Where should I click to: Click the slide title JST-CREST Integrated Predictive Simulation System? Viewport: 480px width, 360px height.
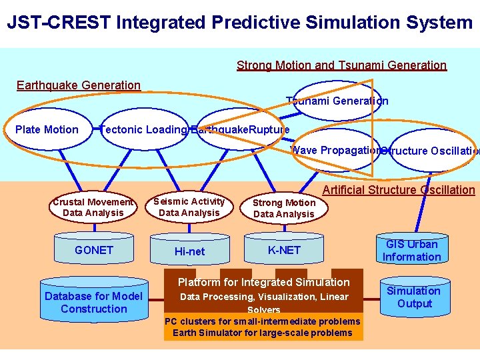coord(239,23)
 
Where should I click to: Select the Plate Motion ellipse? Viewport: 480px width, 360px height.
coord(47,129)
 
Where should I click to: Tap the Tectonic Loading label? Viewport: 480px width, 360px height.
coord(143,129)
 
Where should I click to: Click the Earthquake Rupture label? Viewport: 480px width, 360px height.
coord(240,129)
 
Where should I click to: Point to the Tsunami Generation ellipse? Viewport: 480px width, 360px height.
coord(337,101)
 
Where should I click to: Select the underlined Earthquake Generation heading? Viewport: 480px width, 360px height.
coord(79,85)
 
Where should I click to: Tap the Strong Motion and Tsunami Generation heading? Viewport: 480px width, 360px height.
coord(341,65)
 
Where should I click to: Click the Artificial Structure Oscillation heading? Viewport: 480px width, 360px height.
coord(399,190)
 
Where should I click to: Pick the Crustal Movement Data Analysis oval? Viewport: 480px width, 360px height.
coord(93,207)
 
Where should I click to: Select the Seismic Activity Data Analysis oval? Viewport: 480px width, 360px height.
coord(189,207)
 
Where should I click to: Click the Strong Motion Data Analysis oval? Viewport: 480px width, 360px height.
coord(284,208)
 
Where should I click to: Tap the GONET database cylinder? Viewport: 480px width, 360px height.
coord(94,250)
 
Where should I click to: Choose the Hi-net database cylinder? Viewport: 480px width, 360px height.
coord(190,251)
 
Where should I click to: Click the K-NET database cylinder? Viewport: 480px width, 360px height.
coord(285,250)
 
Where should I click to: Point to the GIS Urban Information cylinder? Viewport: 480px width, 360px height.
coord(412,250)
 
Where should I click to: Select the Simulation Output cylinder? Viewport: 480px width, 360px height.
coord(413,297)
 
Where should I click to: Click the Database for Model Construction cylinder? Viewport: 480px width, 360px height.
coord(93,303)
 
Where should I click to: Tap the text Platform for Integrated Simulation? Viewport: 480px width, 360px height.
coord(263,282)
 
